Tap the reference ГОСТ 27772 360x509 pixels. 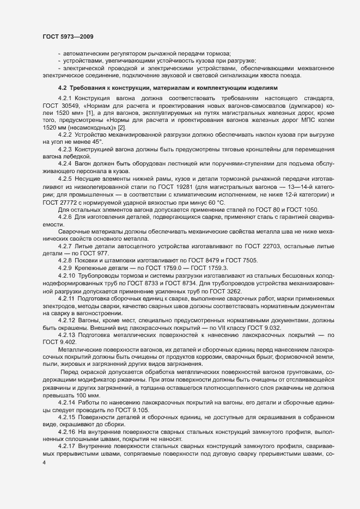tap(61, 201)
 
